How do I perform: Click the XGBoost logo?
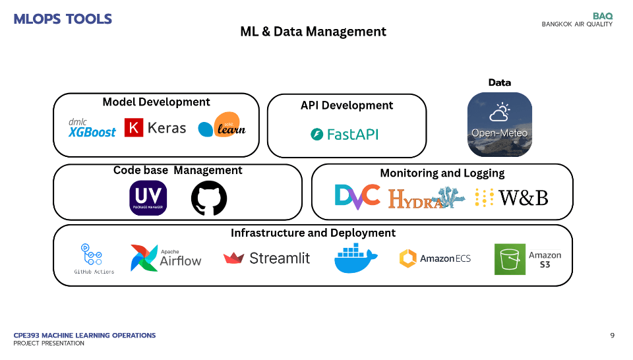tap(92, 128)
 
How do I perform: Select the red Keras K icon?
tap(134, 127)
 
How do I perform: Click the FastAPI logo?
tap(344, 135)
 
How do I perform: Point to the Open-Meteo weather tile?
tap(499, 124)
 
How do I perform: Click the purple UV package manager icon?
tap(148, 198)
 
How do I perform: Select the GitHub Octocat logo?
tap(208, 198)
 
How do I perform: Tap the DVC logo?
tap(357, 196)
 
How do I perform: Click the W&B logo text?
tap(523, 197)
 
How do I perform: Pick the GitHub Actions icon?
tap(94, 258)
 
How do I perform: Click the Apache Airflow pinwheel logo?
tap(144, 258)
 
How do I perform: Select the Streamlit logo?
tap(266, 258)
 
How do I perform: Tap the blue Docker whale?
tap(356, 258)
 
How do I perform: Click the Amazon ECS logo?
tap(435, 258)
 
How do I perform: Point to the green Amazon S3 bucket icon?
tap(510, 259)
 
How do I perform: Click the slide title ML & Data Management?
tap(313, 32)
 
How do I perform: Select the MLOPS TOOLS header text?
tap(63, 19)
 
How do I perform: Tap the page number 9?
tap(612, 336)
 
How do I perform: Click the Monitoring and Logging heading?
tap(442, 173)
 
